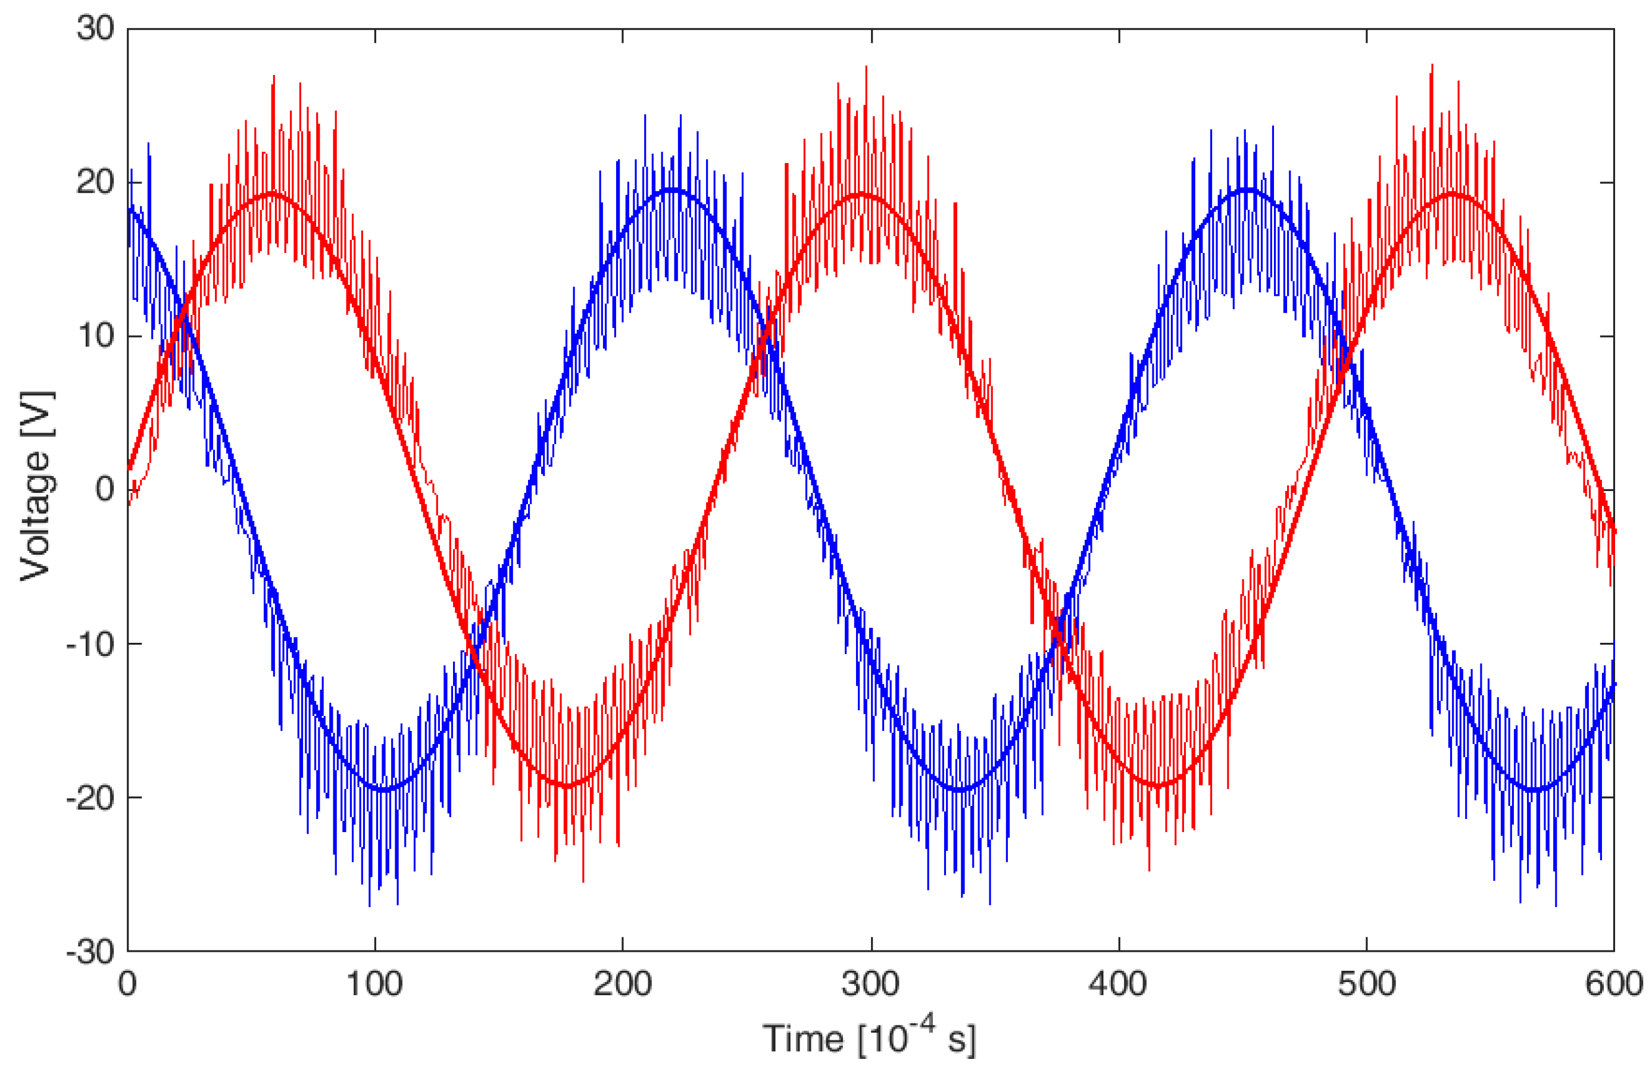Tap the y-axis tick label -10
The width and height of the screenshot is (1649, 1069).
[89, 644]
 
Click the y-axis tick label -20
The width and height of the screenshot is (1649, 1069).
[89, 798]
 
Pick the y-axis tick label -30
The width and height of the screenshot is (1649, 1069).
[89, 952]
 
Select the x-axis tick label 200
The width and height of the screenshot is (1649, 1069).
[622, 984]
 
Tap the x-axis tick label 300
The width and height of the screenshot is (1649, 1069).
[870, 984]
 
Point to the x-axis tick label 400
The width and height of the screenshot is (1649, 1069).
[1117, 984]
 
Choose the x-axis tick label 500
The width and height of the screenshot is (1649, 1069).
[1366, 984]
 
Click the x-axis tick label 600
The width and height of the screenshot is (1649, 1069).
[1613, 984]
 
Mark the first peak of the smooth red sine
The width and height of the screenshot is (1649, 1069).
[272, 194]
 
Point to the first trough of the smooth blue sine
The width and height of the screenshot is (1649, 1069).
[382, 789]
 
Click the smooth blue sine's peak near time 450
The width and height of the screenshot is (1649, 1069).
[1247, 190]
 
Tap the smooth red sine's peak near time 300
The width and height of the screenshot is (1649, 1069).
[861, 194]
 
